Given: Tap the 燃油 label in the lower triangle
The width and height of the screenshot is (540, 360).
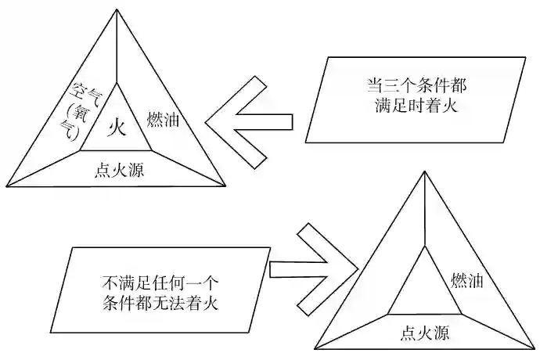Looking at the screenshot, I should coord(469,279).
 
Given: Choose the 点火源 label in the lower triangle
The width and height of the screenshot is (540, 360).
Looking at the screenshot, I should coord(423,333).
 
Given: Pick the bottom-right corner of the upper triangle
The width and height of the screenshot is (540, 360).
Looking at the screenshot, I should coord(226,186).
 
